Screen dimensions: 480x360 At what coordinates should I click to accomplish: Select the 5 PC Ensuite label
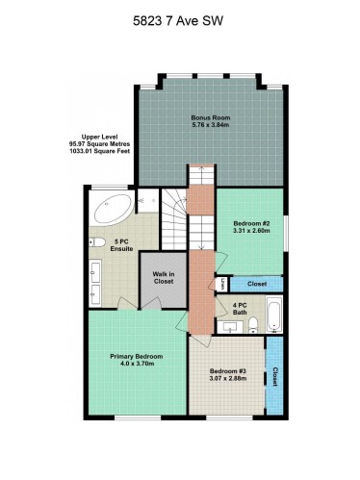point(121,245)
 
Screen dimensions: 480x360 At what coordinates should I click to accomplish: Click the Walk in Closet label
point(163,278)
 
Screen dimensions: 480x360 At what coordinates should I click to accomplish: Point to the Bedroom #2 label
point(252,223)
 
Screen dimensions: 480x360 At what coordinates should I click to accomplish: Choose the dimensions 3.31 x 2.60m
point(252,232)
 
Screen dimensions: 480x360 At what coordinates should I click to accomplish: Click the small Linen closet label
point(221,284)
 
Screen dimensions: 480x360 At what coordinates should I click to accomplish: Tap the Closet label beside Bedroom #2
point(257,284)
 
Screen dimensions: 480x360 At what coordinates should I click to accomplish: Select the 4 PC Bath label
point(241,310)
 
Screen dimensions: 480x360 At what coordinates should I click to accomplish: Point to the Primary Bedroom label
point(136,356)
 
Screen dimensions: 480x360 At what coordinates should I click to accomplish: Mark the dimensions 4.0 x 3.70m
point(136,365)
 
